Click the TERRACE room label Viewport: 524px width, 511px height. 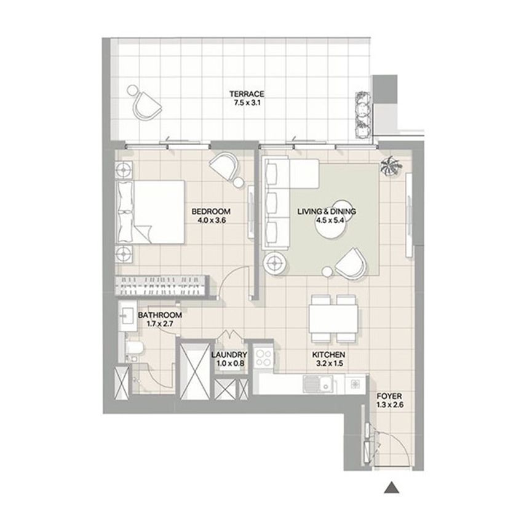247,94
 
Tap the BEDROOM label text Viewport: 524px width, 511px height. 211,212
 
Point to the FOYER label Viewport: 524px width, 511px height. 389,397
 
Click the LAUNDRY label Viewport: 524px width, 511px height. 229,355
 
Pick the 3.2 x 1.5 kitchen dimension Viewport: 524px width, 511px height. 330,363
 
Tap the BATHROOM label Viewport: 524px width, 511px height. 160,315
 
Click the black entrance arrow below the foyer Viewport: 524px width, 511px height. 392,488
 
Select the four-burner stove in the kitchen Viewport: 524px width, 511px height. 263,357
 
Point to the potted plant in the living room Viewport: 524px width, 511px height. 391,166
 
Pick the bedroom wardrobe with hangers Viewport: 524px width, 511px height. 162,285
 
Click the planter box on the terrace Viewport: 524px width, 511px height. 363,114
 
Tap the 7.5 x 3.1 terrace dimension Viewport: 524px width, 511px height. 247,103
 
